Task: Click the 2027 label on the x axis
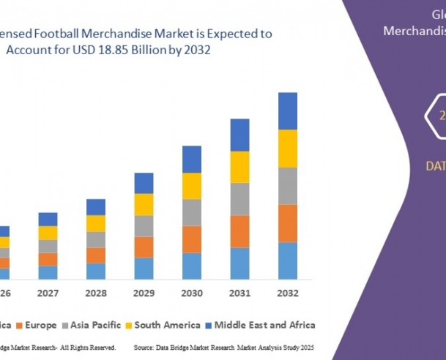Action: [48, 293]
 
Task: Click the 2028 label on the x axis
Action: [96, 293]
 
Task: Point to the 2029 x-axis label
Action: [144, 293]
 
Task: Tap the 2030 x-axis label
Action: [192, 293]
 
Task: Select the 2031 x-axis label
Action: [240, 293]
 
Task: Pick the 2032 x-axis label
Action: [288, 293]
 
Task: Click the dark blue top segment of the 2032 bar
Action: [288, 111]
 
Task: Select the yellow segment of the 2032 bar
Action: [288, 149]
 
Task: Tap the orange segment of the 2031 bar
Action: [240, 231]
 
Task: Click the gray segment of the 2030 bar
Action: [192, 212]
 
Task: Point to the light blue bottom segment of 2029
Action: [144, 268]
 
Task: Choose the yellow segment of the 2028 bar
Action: [96, 223]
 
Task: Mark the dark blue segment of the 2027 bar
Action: [48, 219]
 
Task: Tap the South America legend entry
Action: [166, 325]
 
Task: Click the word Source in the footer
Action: [147, 346]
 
